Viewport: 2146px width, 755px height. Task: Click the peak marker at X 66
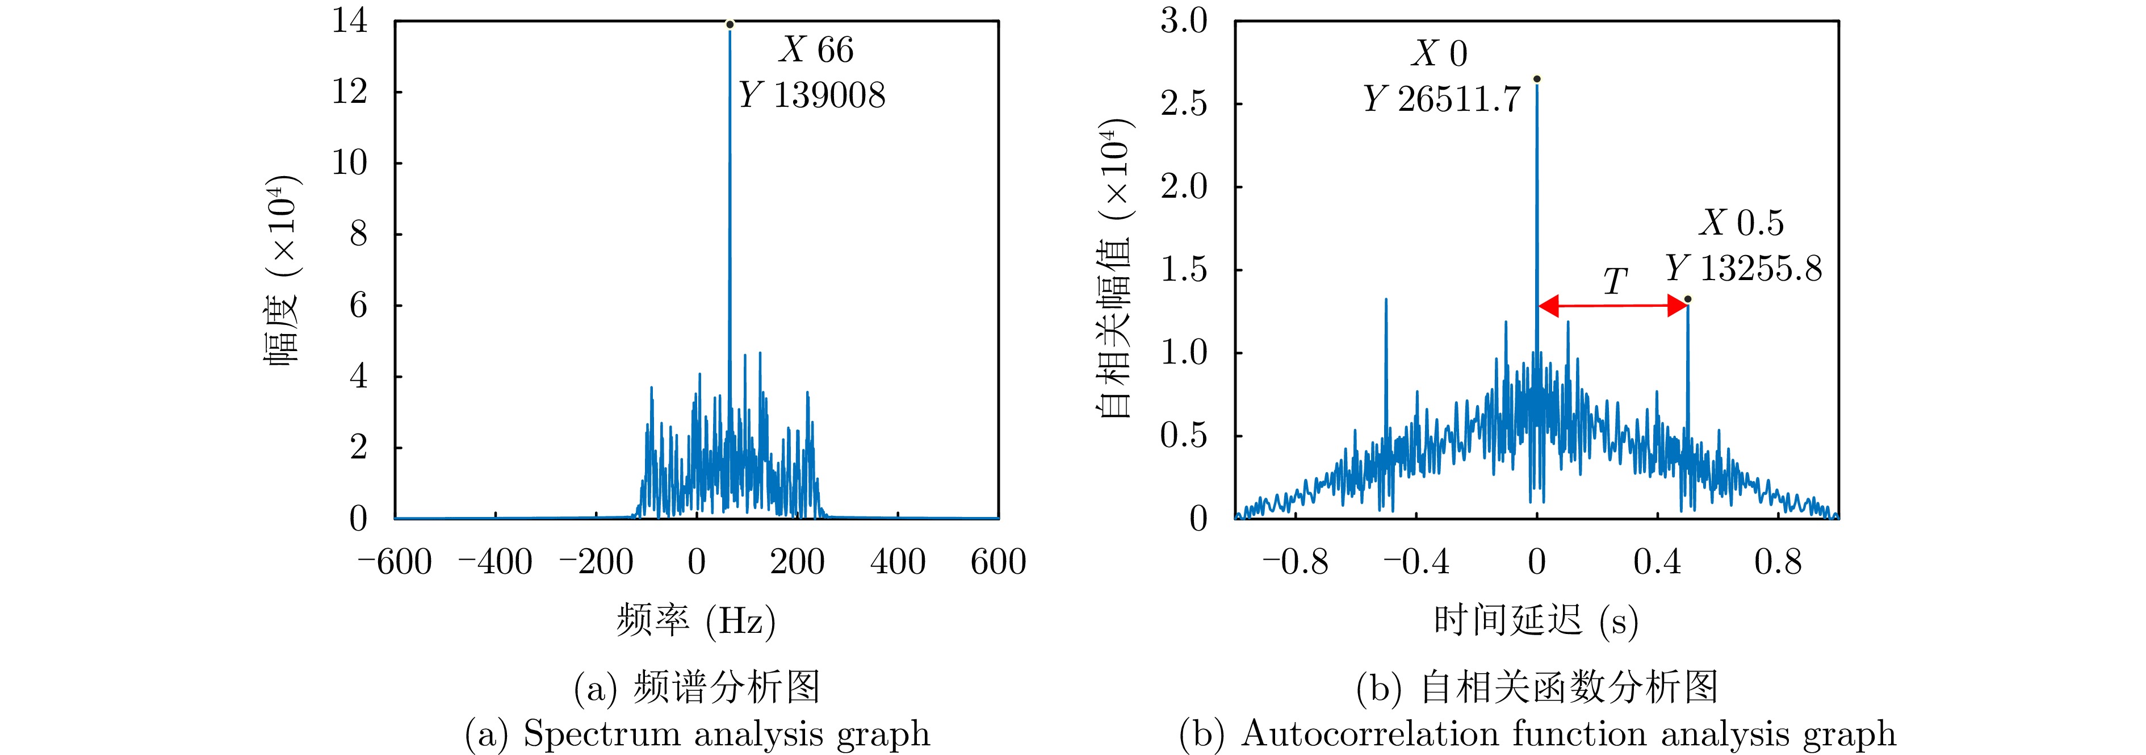click(730, 24)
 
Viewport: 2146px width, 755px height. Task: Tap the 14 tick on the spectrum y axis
click(350, 21)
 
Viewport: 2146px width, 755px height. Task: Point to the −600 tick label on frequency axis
click(395, 562)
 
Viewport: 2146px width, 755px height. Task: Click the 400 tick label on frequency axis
click(897, 562)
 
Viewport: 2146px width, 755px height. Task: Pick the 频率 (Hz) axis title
click(695, 621)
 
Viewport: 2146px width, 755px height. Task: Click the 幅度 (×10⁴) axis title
click(282, 271)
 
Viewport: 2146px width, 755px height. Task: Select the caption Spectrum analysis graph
click(697, 734)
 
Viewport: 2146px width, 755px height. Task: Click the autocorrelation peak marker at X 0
click(1537, 79)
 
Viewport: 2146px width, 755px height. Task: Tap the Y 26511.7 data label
click(1441, 100)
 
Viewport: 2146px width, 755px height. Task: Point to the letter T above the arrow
click(1615, 282)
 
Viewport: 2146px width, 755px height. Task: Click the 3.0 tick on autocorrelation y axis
click(1184, 21)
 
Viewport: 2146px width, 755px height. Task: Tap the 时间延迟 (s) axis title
click(1535, 621)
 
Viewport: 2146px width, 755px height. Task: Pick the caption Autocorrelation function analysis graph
click(1537, 734)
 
